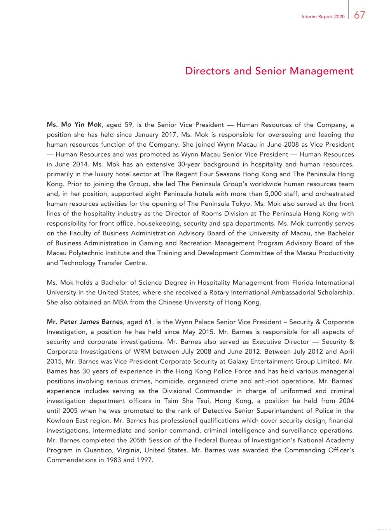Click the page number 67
pos(360,15)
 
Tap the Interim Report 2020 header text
pos(323,17)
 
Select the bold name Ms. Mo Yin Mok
pos(74,125)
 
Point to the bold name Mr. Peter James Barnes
pos(85,322)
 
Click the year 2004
pos(346,401)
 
